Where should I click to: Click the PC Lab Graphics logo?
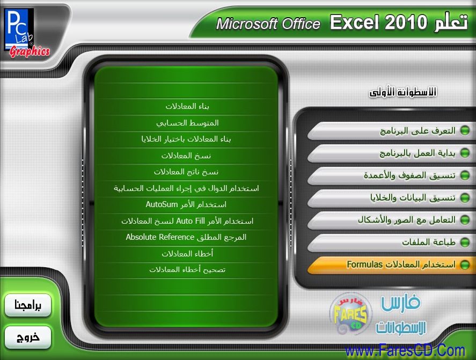tap(27, 33)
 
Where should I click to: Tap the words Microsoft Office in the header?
tap(268, 24)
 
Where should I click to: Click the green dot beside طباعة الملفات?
tap(465, 242)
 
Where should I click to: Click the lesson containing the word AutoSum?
tap(186, 204)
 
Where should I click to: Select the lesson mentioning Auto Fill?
tap(187, 221)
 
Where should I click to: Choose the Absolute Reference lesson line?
tap(186, 237)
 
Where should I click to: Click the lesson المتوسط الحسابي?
tap(187, 123)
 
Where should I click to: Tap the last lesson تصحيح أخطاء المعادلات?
tap(187, 269)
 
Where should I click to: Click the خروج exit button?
tap(27, 337)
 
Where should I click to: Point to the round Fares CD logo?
tap(350, 314)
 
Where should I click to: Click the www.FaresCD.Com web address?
tap(405, 351)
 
